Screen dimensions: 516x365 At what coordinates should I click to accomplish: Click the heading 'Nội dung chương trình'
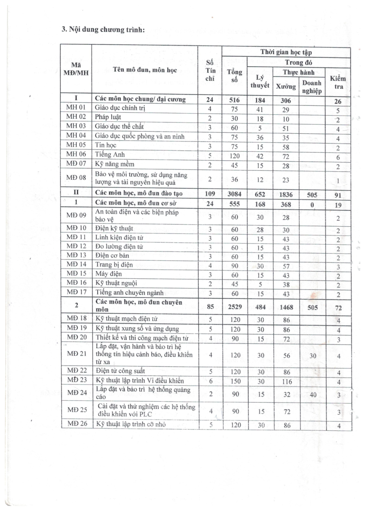point(106,30)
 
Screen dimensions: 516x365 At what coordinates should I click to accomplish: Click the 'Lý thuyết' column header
point(260,81)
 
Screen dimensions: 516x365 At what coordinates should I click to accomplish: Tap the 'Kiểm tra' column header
point(338,82)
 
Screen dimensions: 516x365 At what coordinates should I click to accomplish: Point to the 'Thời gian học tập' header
point(285,52)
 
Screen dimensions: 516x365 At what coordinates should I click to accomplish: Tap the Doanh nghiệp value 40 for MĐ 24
point(313,393)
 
